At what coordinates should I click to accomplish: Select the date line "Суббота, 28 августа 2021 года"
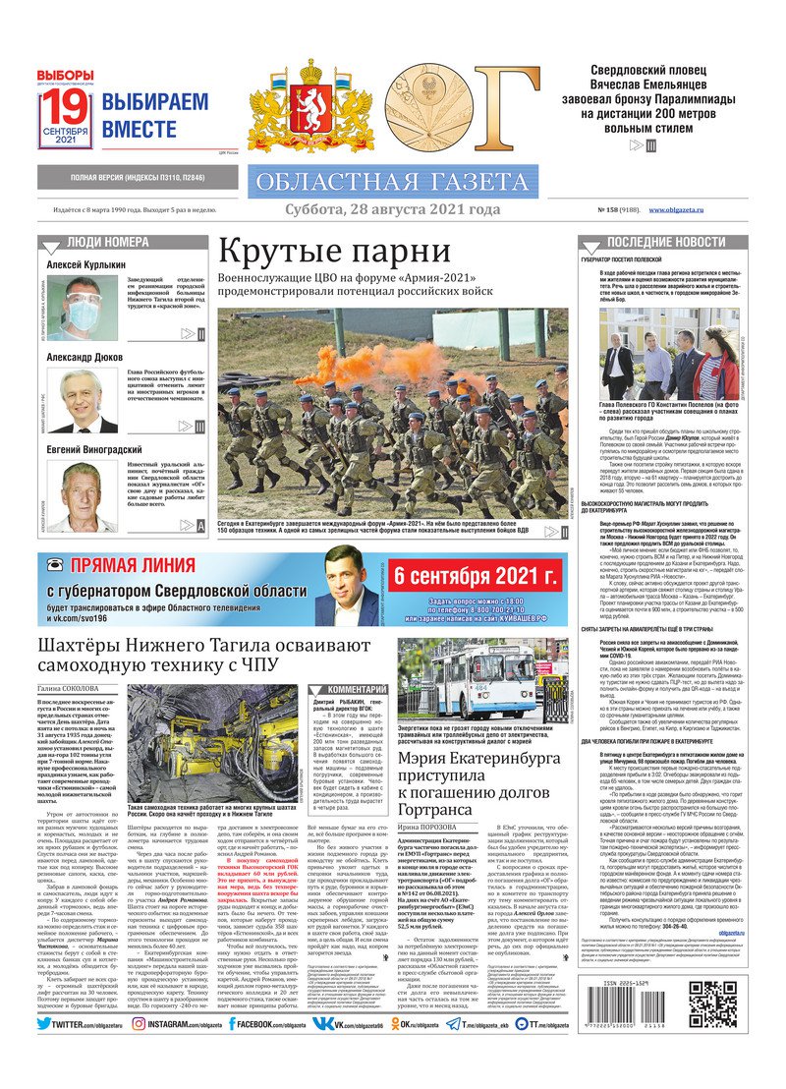[x=392, y=209]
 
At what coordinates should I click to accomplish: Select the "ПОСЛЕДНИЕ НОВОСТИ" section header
[x=672, y=242]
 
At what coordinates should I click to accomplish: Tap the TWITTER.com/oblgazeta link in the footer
[x=80, y=1052]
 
